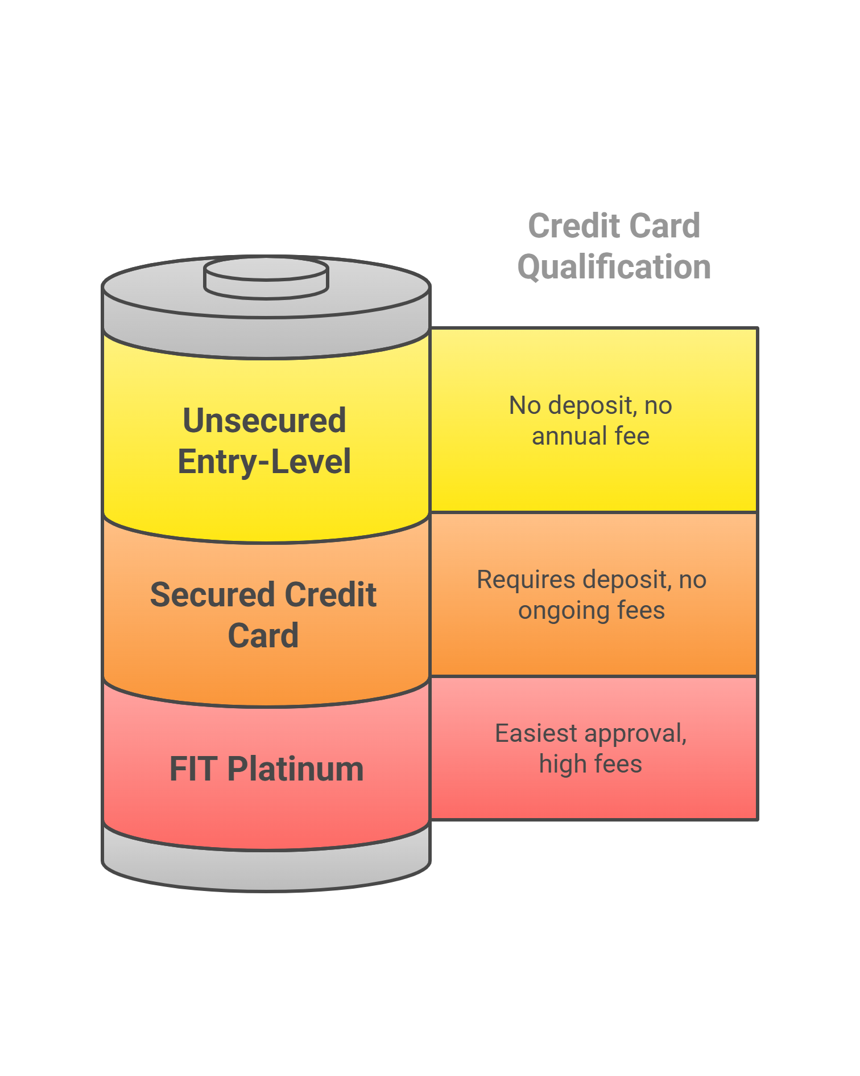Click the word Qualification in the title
click(x=614, y=267)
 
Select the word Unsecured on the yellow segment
click(x=264, y=421)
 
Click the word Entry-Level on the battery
click(x=264, y=462)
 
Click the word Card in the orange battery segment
click(x=263, y=636)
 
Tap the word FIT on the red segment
click(x=193, y=769)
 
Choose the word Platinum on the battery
click(x=295, y=769)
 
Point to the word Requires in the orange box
click(x=526, y=580)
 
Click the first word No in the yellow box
click(x=524, y=405)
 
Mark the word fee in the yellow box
click(x=632, y=436)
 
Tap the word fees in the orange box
click(x=641, y=610)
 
